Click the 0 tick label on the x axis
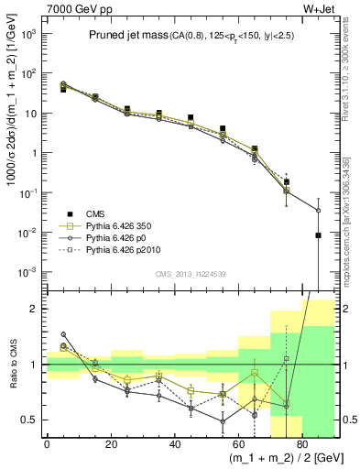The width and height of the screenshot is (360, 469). pyautogui.click(x=47, y=446)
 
